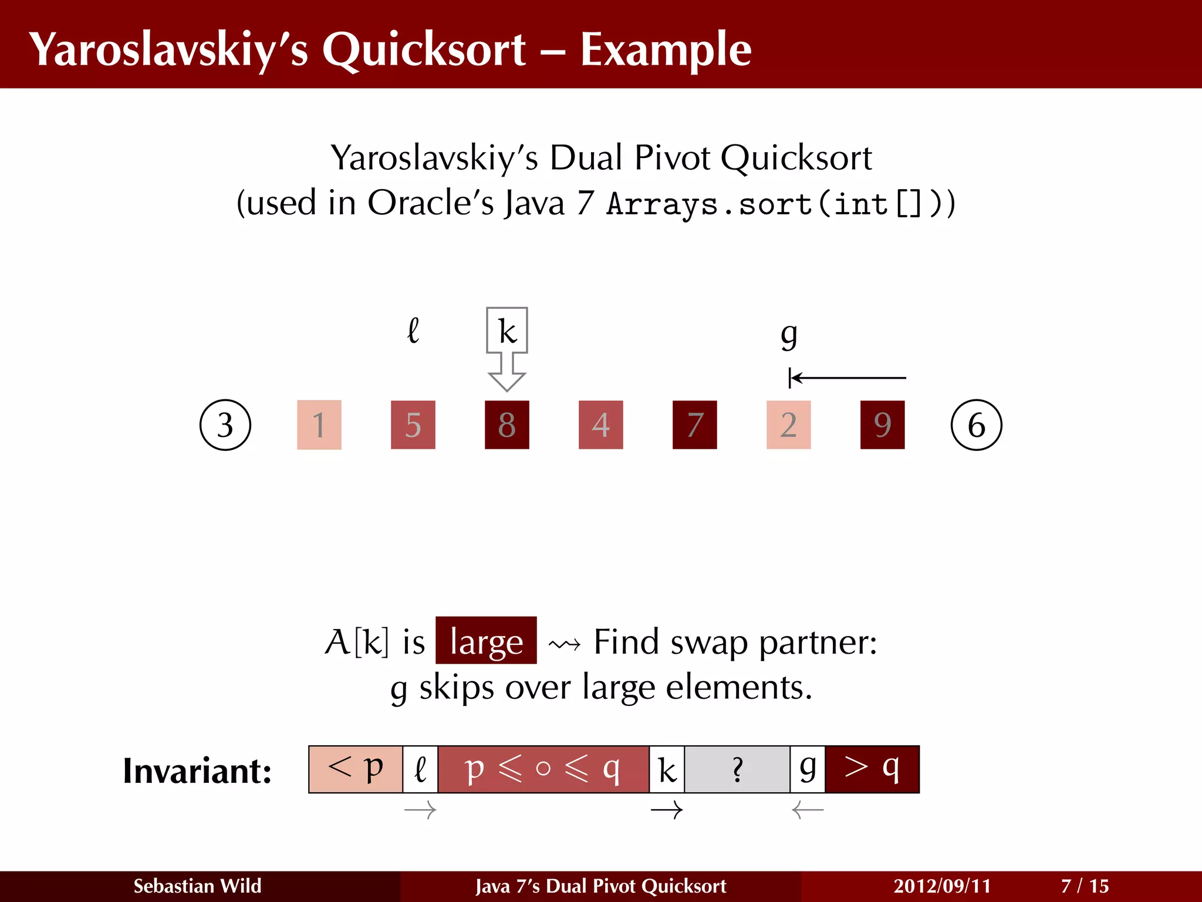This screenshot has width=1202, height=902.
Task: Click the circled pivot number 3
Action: [225, 425]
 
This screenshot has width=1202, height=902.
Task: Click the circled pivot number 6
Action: [976, 425]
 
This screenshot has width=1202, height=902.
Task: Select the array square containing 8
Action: [507, 425]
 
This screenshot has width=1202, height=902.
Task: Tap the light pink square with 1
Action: [319, 425]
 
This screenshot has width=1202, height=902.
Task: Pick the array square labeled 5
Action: [413, 425]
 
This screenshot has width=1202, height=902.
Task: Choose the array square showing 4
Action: [601, 425]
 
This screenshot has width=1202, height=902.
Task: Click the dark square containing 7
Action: [695, 425]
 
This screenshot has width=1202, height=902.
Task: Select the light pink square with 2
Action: [789, 425]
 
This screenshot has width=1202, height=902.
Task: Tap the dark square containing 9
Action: [882, 425]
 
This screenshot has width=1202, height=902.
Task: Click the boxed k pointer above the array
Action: [507, 331]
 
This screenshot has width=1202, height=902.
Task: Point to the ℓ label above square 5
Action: [413, 331]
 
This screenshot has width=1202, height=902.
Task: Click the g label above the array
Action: [789, 335]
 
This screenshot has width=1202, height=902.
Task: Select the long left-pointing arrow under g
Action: [848, 378]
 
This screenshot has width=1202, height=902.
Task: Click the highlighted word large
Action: [486, 641]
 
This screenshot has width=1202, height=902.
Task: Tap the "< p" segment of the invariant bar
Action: [356, 769]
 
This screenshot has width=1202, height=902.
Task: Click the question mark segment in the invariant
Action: [737, 769]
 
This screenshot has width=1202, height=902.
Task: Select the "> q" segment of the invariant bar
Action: [872, 769]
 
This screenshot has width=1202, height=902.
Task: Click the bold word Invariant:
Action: [197, 771]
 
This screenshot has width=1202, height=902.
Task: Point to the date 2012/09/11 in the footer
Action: [942, 886]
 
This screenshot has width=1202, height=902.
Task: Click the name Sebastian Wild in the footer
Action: [197, 886]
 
